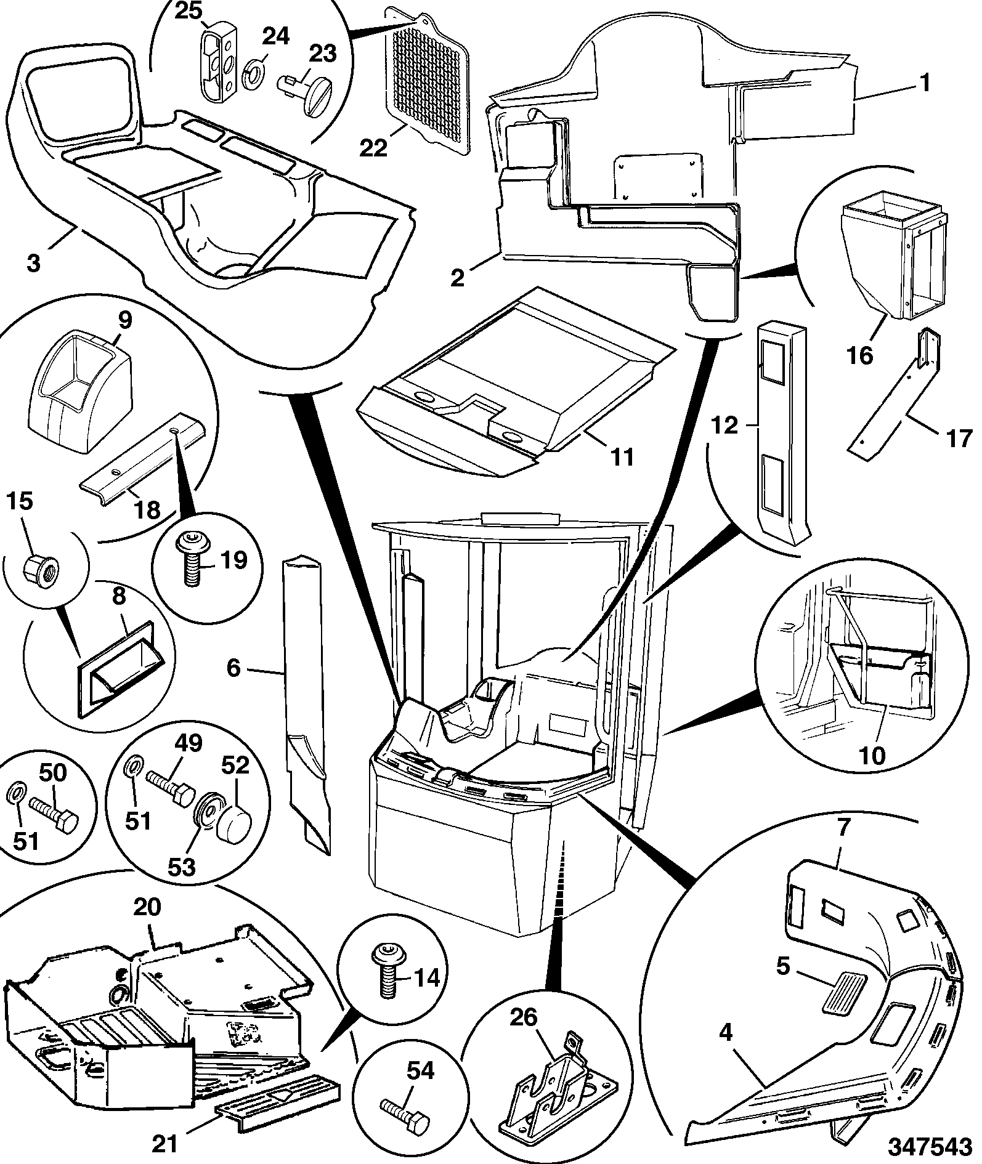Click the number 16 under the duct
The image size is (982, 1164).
[861, 355]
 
